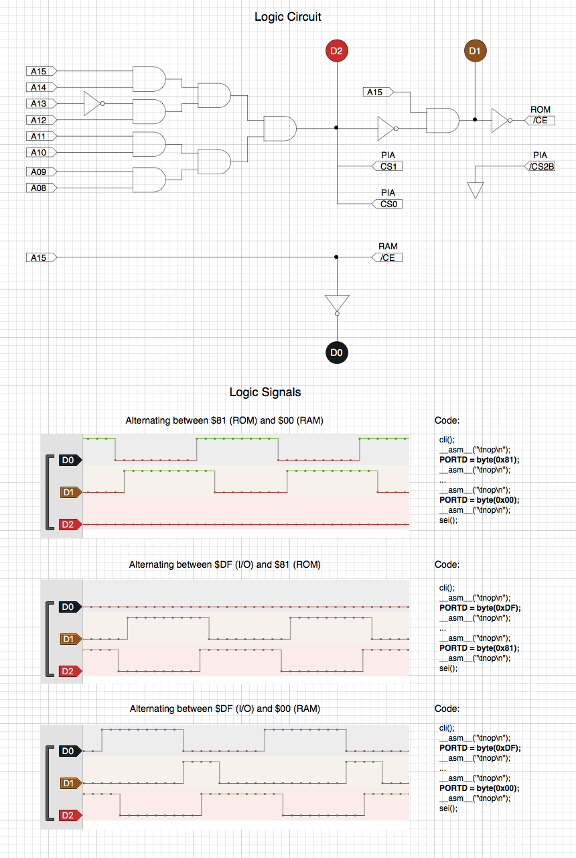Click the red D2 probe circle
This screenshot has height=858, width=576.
coord(336,51)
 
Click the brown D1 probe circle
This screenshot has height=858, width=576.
coord(475,51)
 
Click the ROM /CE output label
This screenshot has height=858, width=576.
coord(540,120)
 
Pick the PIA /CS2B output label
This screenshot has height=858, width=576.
coord(540,166)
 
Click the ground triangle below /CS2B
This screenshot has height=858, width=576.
coord(476,190)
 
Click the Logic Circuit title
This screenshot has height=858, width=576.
coord(288,17)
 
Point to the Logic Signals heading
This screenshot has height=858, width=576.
coord(265,392)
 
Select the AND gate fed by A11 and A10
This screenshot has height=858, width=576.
coord(149,144)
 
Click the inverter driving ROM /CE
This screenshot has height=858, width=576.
coord(500,120)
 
